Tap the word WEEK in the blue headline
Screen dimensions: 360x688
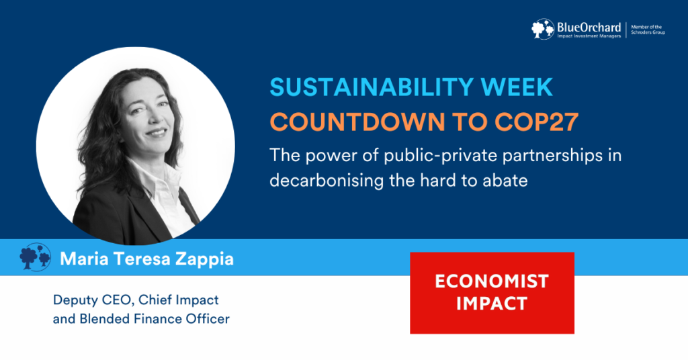tap(516, 88)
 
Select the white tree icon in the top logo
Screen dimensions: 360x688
tap(544, 29)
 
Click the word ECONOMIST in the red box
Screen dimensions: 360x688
tap(492, 281)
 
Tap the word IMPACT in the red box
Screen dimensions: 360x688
tap(492, 303)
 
